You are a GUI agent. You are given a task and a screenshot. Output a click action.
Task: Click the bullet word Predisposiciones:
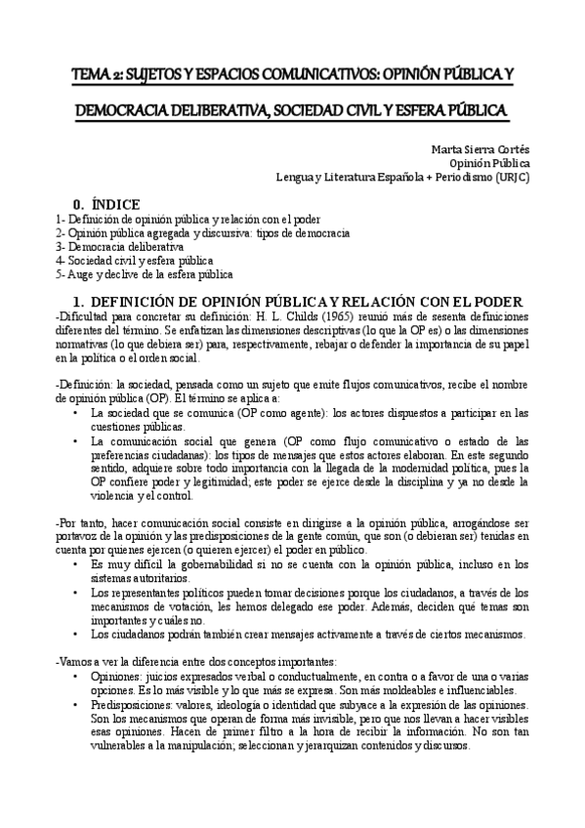[137, 705]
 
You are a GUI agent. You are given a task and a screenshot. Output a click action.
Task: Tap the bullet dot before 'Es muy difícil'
[76, 563]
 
